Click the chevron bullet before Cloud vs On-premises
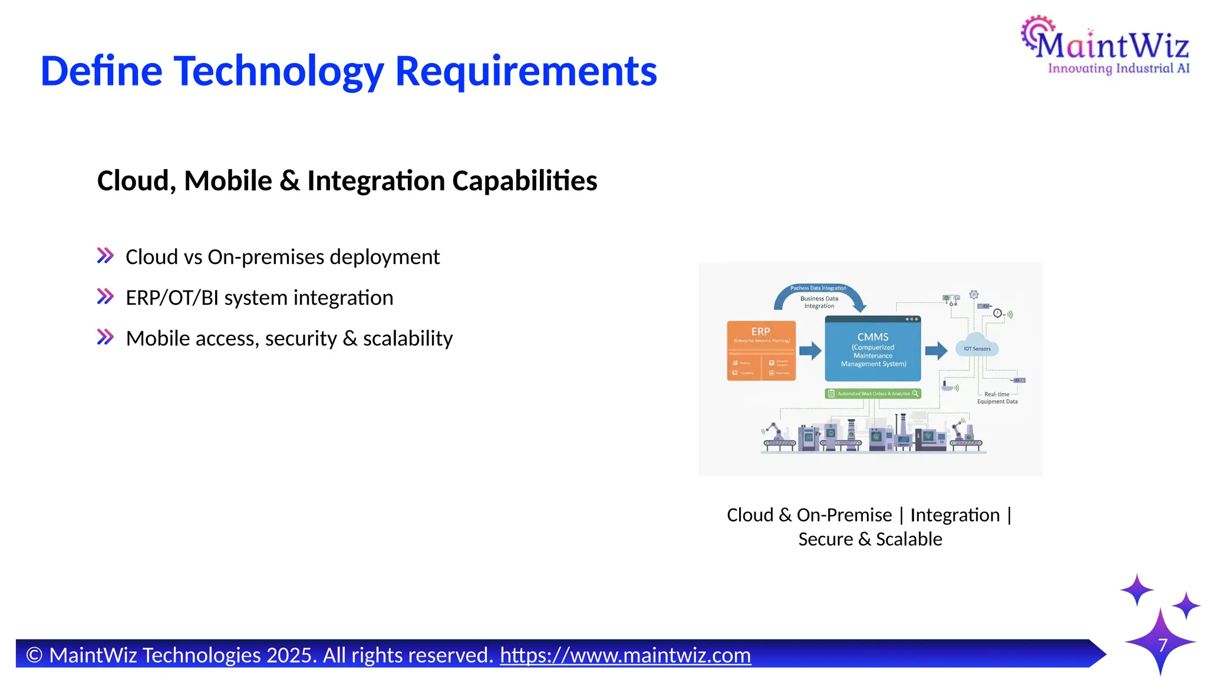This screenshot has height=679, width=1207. point(105,256)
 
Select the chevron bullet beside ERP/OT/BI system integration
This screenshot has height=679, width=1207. point(105,296)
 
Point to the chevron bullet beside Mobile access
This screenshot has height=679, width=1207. point(105,337)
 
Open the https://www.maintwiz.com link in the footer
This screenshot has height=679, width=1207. point(625,655)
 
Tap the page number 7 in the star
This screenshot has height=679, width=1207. point(1162,645)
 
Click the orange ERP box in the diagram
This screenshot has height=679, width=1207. point(761,351)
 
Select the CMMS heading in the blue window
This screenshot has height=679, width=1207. point(873,337)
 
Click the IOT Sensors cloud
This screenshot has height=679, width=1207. point(977,348)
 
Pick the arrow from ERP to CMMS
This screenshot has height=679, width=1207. point(810,351)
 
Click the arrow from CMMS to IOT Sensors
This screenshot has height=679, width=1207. point(936,351)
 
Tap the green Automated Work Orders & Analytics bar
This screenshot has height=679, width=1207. point(873,393)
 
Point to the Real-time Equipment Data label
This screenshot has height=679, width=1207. point(997,398)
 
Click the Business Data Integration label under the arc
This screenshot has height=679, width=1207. point(819,302)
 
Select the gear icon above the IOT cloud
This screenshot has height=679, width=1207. point(974,294)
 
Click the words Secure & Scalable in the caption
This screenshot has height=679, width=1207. point(870,539)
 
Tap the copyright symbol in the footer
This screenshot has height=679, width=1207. point(34,655)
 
